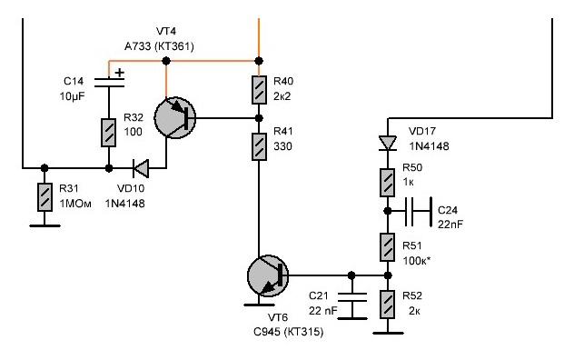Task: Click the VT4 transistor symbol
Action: (x=175, y=118)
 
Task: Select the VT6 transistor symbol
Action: (x=268, y=275)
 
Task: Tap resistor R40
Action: (x=259, y=90)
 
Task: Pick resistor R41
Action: (x=259, y=146)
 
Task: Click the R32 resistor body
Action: (x=108, y=133)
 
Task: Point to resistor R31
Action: (x=45, y=197)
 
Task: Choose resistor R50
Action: (x=387, y=183)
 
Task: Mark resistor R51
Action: (x=387, y=247)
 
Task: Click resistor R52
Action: (x=387, y=305)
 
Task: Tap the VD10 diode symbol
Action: (x=141, y=168)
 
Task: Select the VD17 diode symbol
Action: (x=388, y=143)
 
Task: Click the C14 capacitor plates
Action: (x=109, y=83)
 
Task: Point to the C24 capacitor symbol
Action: (x=419, y=211)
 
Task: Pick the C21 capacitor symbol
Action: (x=351, y=297)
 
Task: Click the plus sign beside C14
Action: (x=120, y=73)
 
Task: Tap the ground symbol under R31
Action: (x=45, y=225)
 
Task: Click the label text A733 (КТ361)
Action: (x=159, y=46)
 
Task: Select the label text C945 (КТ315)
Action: (x=289, y=332)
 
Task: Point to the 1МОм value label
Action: (x=75, y=204)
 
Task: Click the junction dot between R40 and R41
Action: (x=259, y=118)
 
